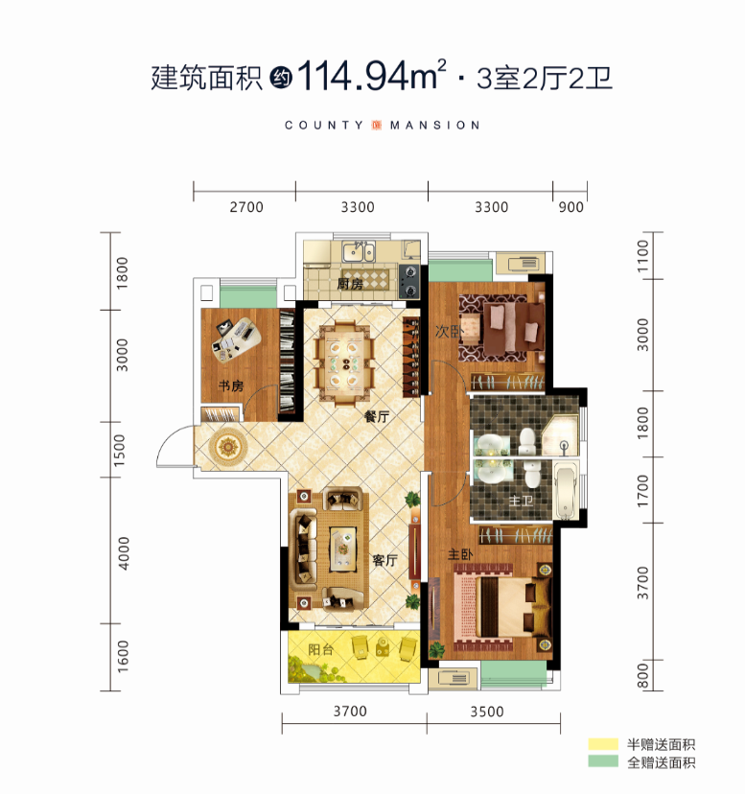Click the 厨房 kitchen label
350,284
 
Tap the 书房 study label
231,385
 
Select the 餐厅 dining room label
377,417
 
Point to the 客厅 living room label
384,560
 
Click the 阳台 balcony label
321,649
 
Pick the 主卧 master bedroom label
460,554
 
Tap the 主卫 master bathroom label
521,501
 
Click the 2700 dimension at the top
246,207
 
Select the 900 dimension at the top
570,207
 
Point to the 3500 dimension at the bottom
487,712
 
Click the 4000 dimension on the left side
123,553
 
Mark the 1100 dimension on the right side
642,256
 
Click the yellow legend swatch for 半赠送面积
603,744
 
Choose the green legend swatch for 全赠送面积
603,761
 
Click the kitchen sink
358,251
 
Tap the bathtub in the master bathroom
565,490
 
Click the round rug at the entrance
228,447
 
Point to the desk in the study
237,339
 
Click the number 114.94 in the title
353,76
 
